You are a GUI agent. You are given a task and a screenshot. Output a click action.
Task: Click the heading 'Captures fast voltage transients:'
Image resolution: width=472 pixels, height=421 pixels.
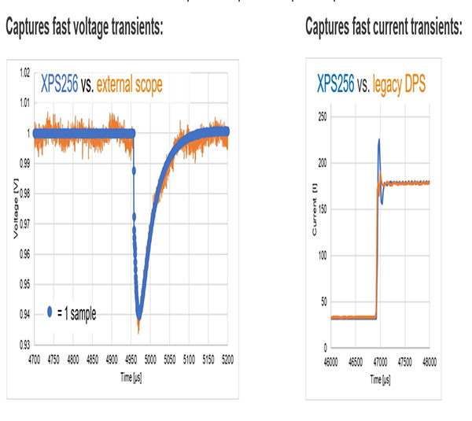[x=84, y=28]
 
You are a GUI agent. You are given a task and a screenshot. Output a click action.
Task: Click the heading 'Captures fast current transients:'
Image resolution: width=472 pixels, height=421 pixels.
[x=383, y=28]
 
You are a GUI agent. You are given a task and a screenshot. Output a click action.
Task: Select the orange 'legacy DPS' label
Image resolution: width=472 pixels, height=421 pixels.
[x=396, y=81]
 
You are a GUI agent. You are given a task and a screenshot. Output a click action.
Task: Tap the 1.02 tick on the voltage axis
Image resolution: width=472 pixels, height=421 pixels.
[x=24, y=72]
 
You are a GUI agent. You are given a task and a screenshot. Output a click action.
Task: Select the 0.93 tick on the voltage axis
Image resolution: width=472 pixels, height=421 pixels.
[x=24, y=345]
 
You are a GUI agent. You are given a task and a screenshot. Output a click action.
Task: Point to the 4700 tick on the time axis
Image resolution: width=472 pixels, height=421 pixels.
[x=34, y=356]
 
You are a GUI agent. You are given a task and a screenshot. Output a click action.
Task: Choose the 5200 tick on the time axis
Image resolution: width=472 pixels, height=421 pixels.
[x=228, y=356]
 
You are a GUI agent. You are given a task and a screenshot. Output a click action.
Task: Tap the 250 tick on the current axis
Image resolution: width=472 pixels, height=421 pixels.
[x=320, y=116]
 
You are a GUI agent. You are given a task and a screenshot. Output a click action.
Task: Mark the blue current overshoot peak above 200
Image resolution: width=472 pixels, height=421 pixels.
[x=379, y=142]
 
